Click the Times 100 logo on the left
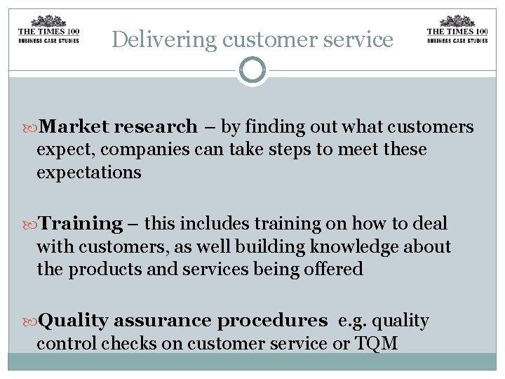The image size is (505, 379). coord(48,29)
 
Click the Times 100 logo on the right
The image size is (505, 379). coord(457,29)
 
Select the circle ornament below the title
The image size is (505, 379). coord(252,71)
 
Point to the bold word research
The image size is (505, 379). coord(156,127)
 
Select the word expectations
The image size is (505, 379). coord(88,172)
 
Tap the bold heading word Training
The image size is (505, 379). coord(81,224)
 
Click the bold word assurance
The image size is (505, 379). coord(162,321)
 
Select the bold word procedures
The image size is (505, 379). coord(272,321)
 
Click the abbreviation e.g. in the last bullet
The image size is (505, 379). coord(350,321)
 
